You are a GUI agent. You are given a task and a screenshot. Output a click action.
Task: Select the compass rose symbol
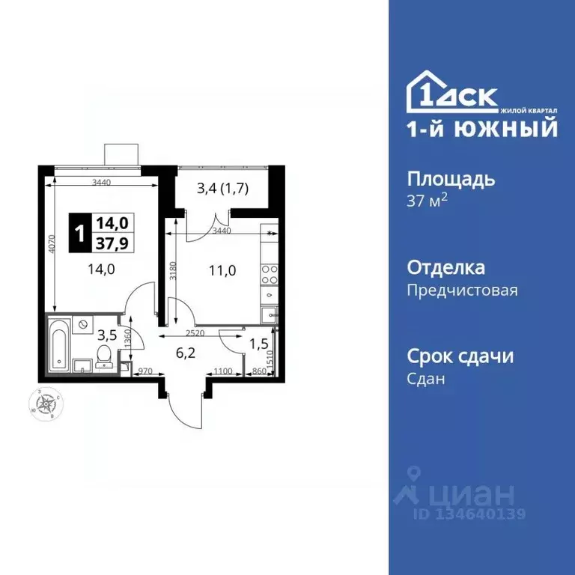coord(46,404)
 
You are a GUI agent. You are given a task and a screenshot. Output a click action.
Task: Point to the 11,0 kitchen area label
coord(223,271)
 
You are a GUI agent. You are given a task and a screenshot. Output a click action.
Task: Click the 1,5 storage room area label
coord(258,344)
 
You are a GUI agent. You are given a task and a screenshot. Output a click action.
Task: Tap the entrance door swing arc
coord(183,408)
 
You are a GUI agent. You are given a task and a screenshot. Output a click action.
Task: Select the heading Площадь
coord(451,180)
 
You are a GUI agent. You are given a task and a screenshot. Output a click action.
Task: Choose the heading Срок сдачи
coord(460,356)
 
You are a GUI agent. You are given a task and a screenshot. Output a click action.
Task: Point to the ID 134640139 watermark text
coord(469,514)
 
